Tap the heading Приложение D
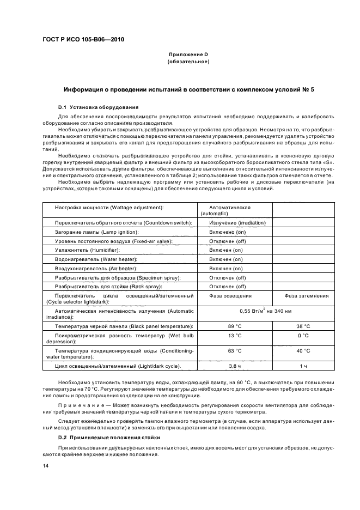tap(188, 55)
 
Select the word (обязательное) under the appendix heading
tap(188, 62)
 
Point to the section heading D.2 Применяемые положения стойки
tap(106, 438)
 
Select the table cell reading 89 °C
tap(235, 326)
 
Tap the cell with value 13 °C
tap(235, 336)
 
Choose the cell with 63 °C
tap(235, 351)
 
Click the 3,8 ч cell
tap(235, 366)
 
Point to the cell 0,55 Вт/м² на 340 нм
tap(269, 311)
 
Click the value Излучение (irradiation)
tap(237, 223)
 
